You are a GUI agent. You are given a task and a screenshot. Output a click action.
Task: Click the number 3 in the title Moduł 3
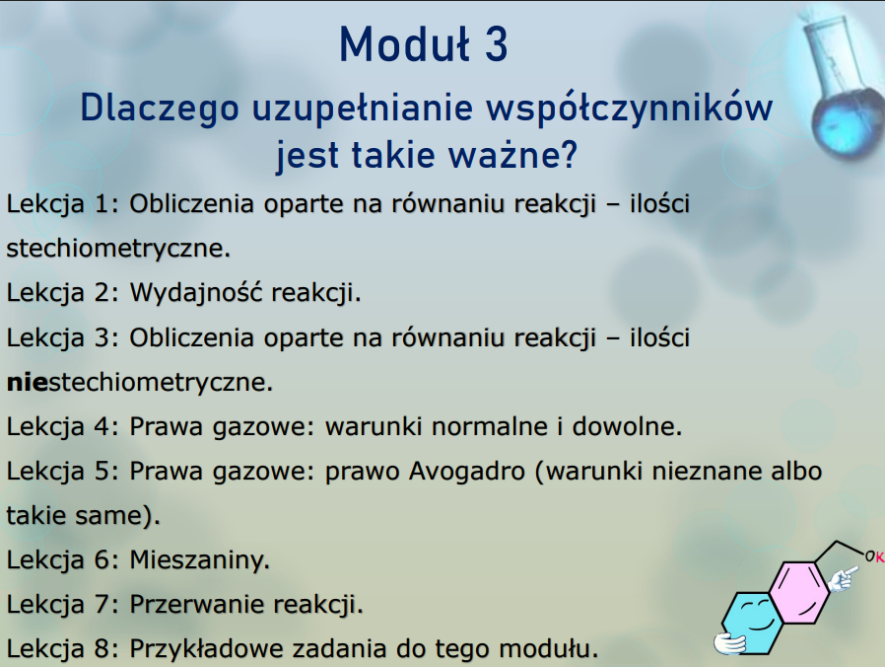pyautogui.click(x=496, y=44)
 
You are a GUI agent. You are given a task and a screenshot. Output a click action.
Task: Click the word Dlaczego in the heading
pyautogui.click(x=160, y=109)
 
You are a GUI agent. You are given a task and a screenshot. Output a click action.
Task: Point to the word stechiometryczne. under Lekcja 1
pyautogui.click(x=118, y=248)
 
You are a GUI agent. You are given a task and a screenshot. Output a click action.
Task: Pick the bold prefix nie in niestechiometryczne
pyautogui.click(x=27, y=382)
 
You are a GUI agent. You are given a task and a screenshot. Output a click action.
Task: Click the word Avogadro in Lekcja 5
pyautogui.click(x=467, y=471)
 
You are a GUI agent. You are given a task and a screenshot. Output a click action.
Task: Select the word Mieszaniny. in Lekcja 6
pyautogui.click(x=200, y=559)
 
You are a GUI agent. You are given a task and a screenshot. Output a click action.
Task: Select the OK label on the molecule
pyautogui.click(x=874, y=556)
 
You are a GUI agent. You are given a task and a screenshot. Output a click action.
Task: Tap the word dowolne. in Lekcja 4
pyautogui.click(x=627, y=426)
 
